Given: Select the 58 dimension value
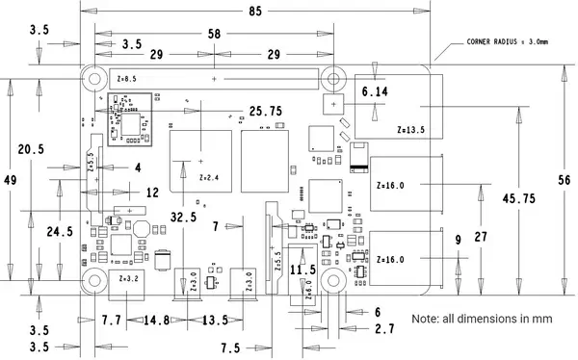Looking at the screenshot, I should [x=214, y=34].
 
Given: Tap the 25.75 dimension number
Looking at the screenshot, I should [x=265, y=112].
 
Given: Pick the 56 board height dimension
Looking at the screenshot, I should [x=565, y=179].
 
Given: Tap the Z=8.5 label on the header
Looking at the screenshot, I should [x=125, y=78].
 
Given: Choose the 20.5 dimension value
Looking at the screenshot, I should [x=31, y=149].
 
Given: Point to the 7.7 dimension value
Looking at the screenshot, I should [x=111, y=320].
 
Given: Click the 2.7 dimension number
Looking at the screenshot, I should [x=383, y=329].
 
